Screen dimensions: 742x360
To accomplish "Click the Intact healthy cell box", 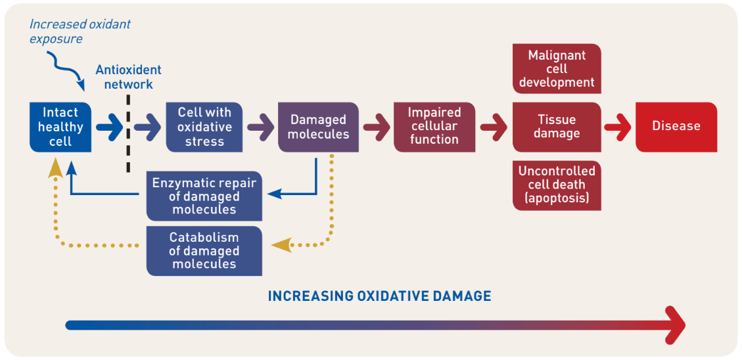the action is [x=60, y=127].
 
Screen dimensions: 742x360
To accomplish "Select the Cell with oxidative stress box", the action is [x=204, y=127].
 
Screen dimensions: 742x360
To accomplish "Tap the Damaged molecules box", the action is [x=318, y=127].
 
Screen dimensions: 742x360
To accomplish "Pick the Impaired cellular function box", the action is [x=434, y=127].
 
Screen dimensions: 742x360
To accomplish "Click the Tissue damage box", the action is [x=557, y=127].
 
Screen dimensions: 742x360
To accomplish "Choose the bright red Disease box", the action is [x=676, y=127].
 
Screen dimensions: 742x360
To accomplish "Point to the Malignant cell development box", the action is [x=557, y=68].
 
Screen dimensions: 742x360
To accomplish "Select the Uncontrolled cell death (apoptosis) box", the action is [x=557, y=185].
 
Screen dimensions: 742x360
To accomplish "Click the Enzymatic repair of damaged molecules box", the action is [x=204, y=196].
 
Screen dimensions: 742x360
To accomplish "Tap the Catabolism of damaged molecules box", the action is [x=204, y=251].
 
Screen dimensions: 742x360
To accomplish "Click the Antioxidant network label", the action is [x=128, y=77].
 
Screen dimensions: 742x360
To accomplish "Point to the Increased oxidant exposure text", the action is [x=80, y=32].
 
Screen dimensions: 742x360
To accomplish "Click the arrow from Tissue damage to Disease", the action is [x=618, y=127].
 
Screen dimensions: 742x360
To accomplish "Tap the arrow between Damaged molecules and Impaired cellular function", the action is [x=377, y=127].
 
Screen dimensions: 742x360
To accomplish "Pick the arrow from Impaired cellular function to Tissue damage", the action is [x=494, y=127].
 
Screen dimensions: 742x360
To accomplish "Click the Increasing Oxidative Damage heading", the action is [x=379, y=296].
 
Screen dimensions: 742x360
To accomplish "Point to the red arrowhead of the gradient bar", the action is [x=675, y=325].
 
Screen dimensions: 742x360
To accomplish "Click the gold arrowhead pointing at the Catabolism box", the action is [x=280, y=244].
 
